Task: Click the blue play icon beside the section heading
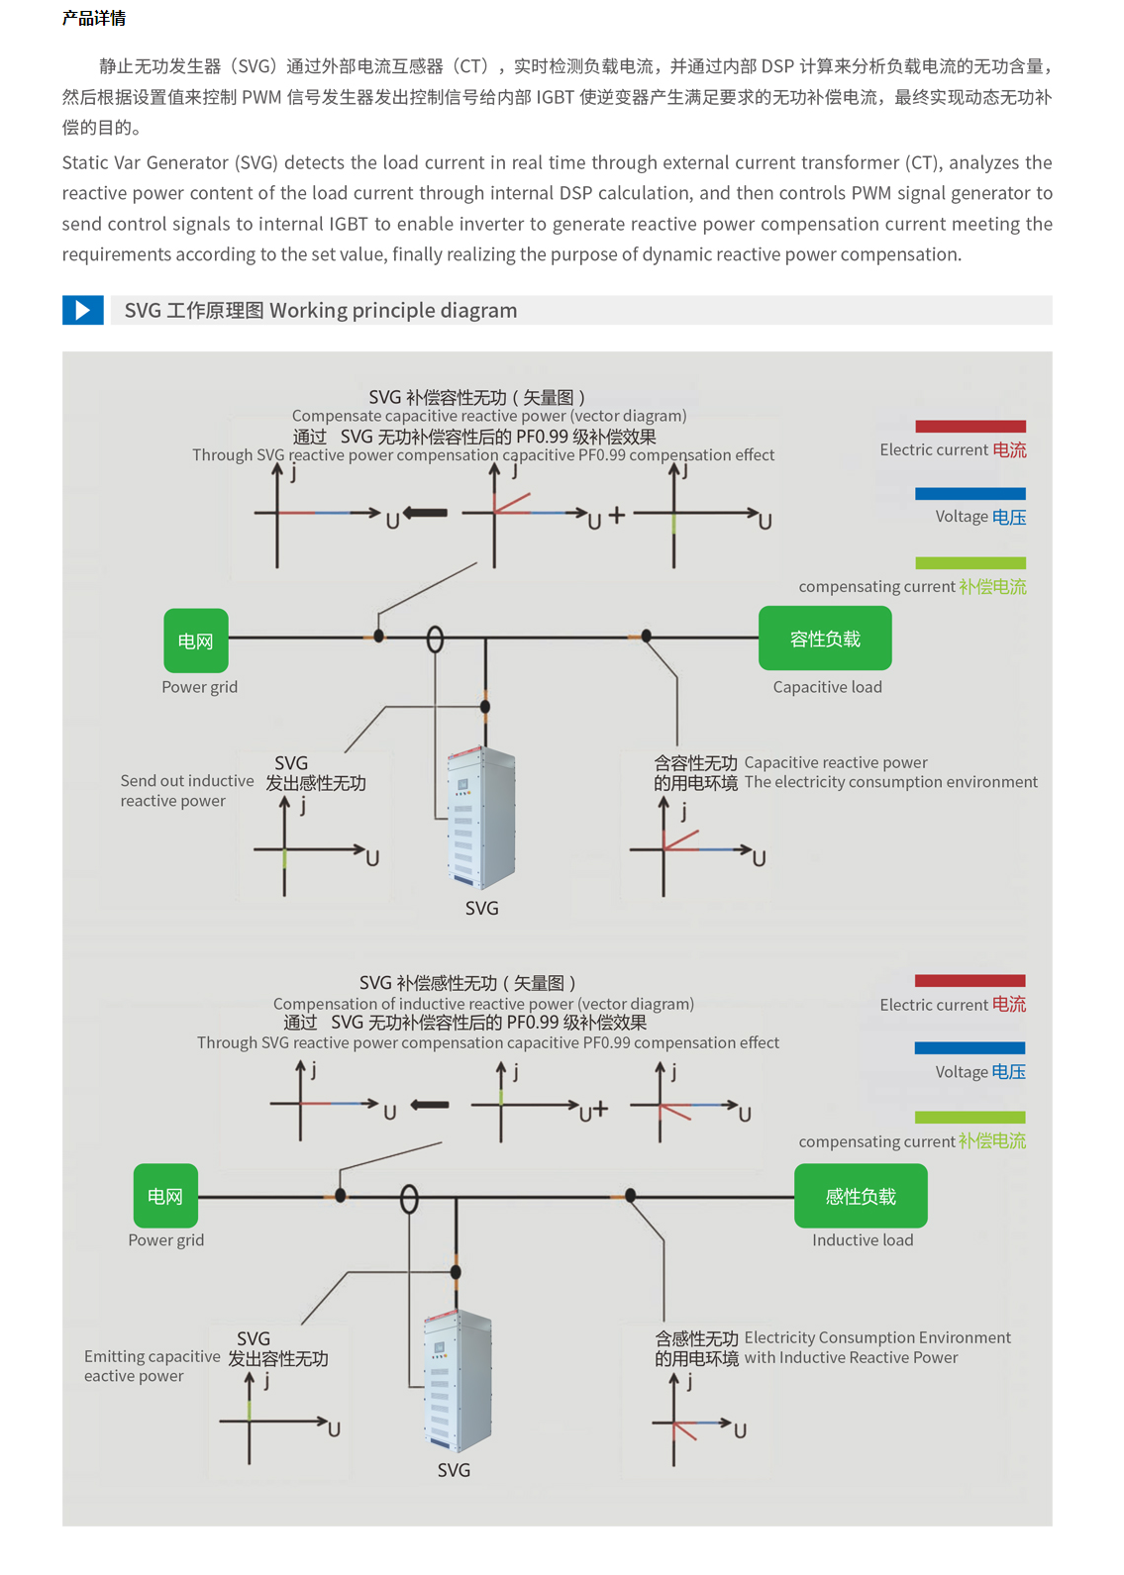(x=83, y=310)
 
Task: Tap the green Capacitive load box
(x=825, y=639)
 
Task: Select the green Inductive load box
(x=861, y=1196)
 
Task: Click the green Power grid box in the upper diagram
(x=196, y=640)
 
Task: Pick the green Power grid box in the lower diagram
(x=165, y=1196)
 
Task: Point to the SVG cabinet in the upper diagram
(x=481, y=818)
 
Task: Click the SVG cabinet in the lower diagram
(x=457, y=1381)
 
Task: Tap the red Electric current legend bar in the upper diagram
(x=970, y=427)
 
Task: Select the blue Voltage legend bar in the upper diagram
(x=970, y=493)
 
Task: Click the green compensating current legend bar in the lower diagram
(x=970, y=1117)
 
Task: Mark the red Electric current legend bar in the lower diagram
(x=970, y=981)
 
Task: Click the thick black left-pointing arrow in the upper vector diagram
(x=426, y=513)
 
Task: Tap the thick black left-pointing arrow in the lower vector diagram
(x=430, y=1105)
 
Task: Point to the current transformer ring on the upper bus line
(x=435, y=640)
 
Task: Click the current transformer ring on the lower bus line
(x=409, y=1200)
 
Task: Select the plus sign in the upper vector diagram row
(x=617, y=515)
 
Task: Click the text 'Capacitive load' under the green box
(x=827, y=687)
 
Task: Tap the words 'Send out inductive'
(x=187, y=781)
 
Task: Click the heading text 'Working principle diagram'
(x=393, y=310)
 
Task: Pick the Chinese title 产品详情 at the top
(x=94, y=18)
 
